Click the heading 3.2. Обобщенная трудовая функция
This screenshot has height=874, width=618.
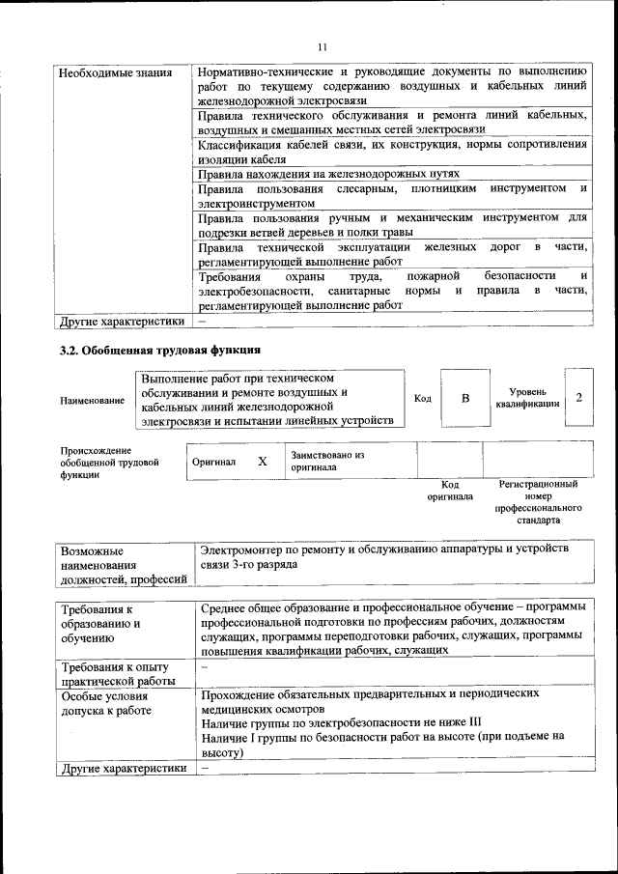click(x=159, y=349)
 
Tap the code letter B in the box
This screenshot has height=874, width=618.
click(x=464, y=398)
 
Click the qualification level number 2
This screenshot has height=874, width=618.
click(x=578, y=398)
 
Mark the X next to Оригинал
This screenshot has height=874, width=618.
click(x=262, y=462)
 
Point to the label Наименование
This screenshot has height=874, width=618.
click(x=93, y=401)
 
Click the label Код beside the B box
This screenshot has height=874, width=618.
click(x=423, y=399)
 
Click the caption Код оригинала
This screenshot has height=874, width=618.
click(x=450, y=490)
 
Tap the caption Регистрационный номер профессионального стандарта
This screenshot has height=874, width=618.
click(x=538, y=501)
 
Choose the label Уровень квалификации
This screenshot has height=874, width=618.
click(x=528, y=398)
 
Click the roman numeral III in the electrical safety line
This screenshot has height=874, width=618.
click(x=473, y=721)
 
